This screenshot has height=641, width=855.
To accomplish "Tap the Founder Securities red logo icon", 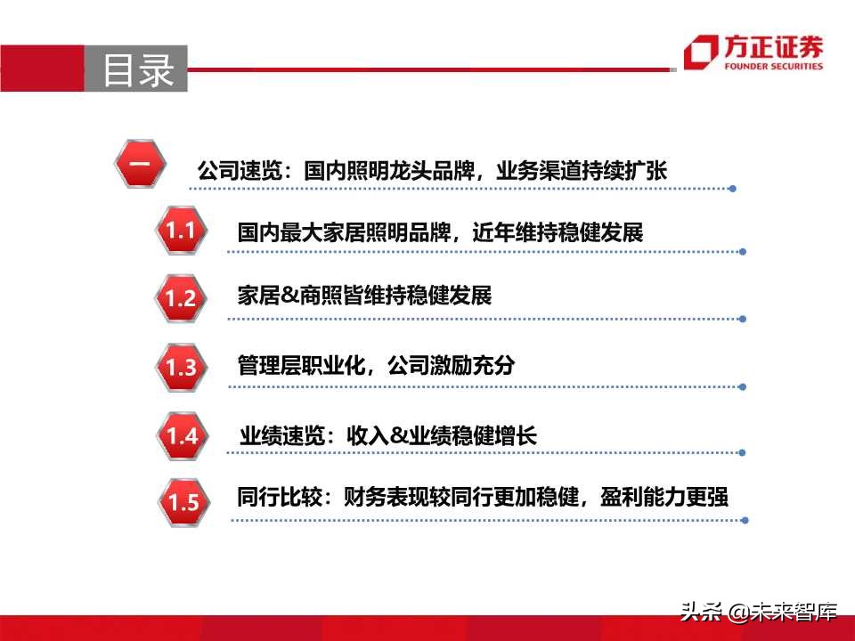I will [701, 53].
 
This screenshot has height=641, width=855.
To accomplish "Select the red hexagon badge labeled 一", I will [141, 165].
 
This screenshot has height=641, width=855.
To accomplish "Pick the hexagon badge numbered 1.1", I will [180, 231].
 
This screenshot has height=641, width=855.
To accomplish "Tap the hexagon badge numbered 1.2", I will [180, 298].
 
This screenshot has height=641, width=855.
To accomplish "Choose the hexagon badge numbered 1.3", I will [180, 367].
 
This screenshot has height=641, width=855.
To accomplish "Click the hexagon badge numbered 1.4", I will [182, 435].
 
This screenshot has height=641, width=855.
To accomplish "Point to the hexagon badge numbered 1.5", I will [183, 502].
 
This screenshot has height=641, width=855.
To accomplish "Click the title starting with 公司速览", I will [432, 170].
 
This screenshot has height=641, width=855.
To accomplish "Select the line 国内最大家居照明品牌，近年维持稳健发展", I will [440, 233].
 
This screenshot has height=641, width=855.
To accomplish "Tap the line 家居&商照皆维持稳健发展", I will [364, 296].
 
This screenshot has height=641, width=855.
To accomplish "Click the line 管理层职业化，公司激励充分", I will [376, 366].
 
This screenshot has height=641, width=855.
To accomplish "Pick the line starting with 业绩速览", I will [388, 435].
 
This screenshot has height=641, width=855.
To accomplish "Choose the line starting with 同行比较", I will [483, 497].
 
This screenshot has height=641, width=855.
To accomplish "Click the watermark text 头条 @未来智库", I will [759, 612].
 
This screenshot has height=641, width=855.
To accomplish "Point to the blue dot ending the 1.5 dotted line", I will [745, 520].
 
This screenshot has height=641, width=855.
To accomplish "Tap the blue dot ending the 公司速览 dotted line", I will [732, 189].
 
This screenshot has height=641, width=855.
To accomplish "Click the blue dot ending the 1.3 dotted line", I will [744, 387].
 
